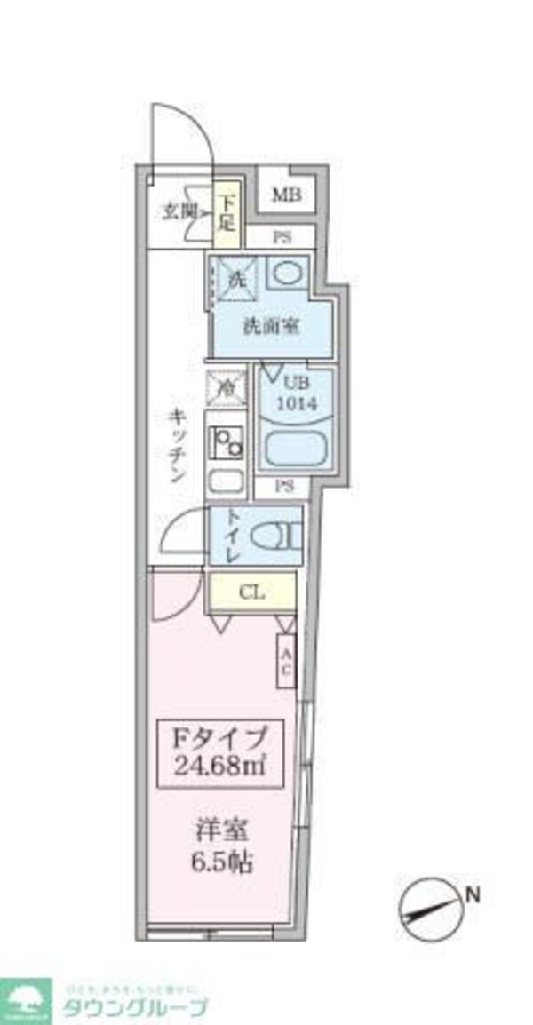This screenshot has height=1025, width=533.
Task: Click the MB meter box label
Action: pyautogui.click(x=285, y=195)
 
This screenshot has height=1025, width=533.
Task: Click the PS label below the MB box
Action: pyautogui.click(x=280, y=237)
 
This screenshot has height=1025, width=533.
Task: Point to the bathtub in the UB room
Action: pyautogui.click(x=297, y=448)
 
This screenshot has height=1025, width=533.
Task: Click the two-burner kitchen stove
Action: pyautogui.click(x=227, y=441)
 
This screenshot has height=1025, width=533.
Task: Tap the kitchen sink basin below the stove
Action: pyautogui.click(x=226, y=483)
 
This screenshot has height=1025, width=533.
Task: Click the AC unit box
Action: pyautogui.click(x=286, y=661)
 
